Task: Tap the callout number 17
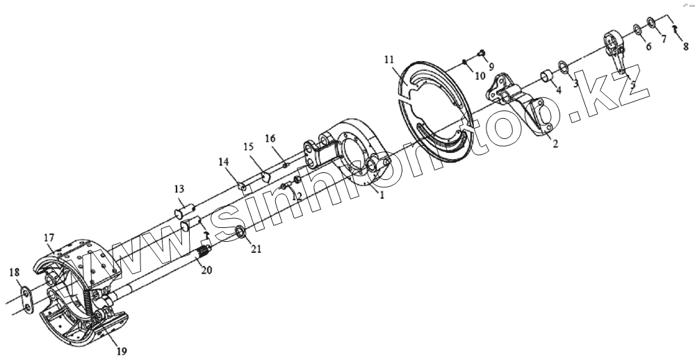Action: coord(48,238)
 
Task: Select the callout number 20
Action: coord(206,270)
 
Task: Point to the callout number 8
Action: coord(685,47)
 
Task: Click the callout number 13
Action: coord(179,189)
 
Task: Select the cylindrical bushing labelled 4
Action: coord(546,74)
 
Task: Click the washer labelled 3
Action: coord(564,69)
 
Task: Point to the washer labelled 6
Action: coord(637,31)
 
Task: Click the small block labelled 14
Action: coord(242,187)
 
